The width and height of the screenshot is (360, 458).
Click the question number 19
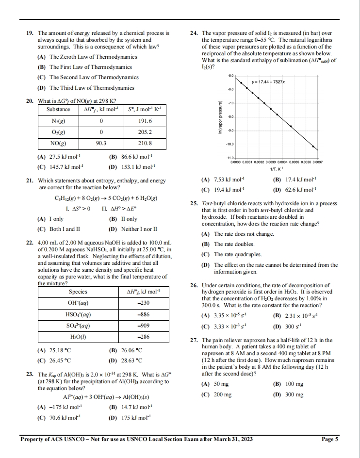pos(29,33)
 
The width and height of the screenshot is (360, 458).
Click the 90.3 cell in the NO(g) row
pos(101,143)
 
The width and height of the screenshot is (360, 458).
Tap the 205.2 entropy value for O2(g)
pos(145,132)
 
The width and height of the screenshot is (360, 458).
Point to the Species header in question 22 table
pos(78,292)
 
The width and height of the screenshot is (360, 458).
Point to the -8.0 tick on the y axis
pos(231,117)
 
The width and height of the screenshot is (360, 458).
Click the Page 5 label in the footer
pos(330,440)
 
